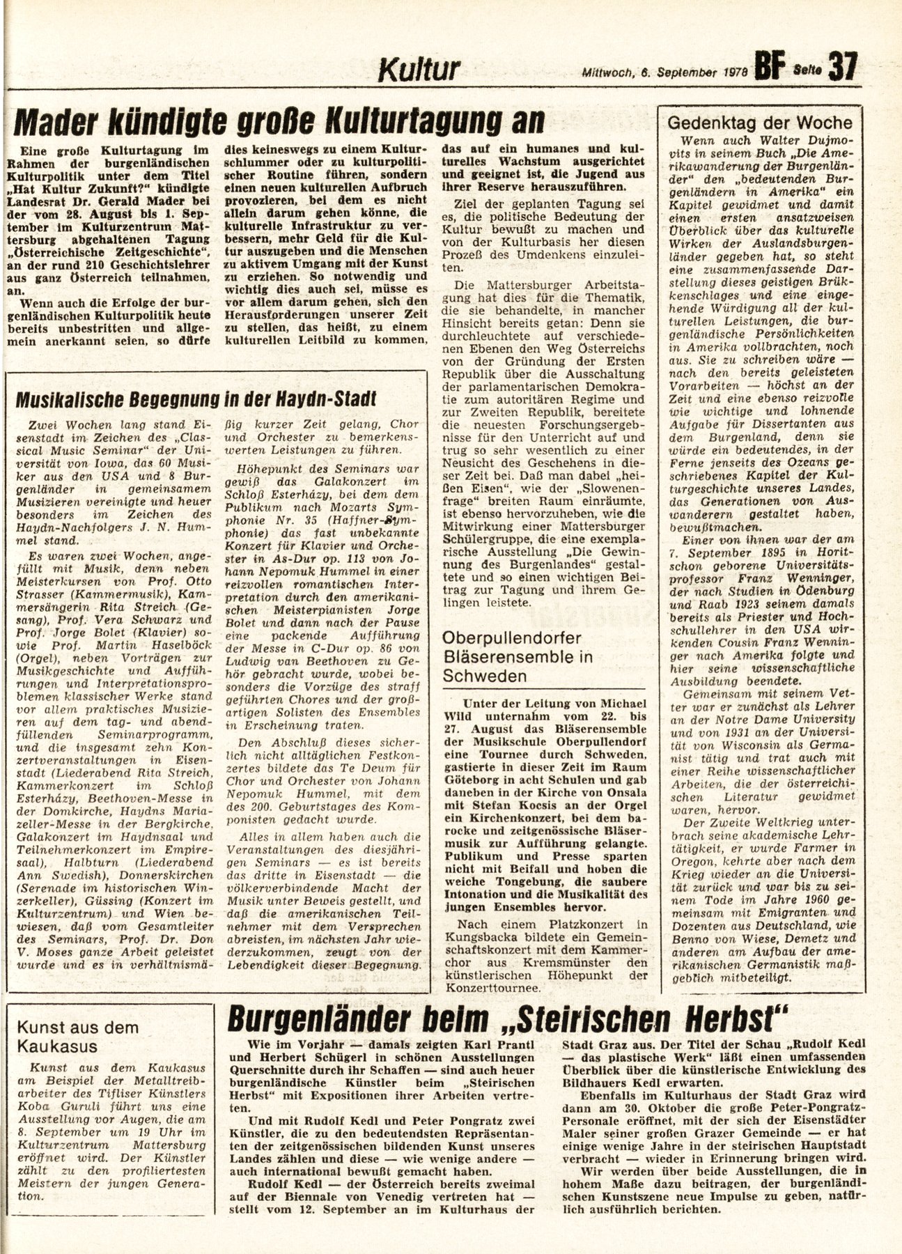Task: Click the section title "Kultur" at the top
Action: (419, 70)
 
